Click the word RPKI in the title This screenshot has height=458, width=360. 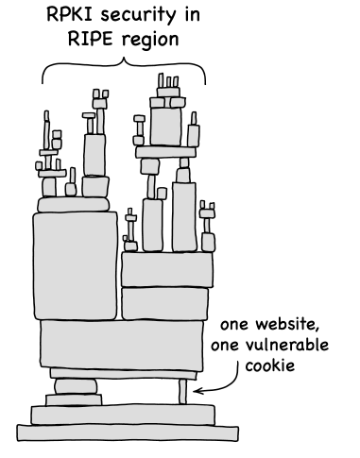coord(71,14)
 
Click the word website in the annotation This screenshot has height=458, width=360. coord(286,324)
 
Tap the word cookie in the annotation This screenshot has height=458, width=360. coord(270,365)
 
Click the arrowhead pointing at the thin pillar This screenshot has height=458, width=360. coord(197,391)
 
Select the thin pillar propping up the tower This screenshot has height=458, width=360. coord(182,392)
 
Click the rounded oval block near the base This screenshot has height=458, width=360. coord(76,386)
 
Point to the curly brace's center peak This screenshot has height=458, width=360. coord(124,59)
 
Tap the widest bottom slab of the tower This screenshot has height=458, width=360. coord(128,433)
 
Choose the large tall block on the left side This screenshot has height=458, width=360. coord(76,266)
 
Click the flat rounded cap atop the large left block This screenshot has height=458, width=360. coord(74,205)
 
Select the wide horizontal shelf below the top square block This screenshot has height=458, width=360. coord(165,152)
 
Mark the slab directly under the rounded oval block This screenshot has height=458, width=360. coord(74,399)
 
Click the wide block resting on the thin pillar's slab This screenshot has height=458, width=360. coord(122,346)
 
